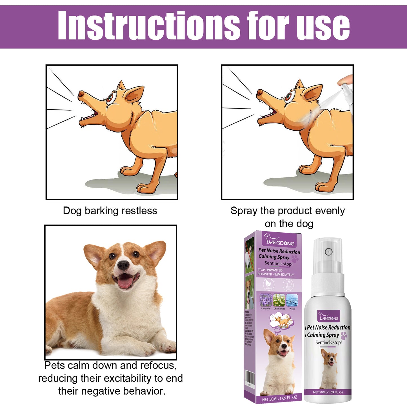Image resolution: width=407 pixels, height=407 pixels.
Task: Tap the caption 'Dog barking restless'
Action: coord(110,211)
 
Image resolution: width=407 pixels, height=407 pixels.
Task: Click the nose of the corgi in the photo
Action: coord(123,265)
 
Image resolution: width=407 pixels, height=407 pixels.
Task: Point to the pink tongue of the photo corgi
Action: coord(125,283)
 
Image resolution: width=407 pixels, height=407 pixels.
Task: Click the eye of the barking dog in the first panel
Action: coord(111,99)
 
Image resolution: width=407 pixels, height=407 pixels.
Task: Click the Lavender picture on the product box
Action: coord(266,300)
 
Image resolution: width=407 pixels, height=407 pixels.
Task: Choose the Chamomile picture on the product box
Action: coord(279,300)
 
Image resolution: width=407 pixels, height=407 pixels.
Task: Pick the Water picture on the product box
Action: coord(292,300)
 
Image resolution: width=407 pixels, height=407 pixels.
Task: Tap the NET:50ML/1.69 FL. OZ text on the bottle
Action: coord(328,392)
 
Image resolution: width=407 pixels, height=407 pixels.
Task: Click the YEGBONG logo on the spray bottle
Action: coord(329,317)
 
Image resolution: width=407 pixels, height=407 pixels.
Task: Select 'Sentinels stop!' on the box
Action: coord(278,264)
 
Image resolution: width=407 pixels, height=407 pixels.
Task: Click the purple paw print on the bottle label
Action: coord(344,335)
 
